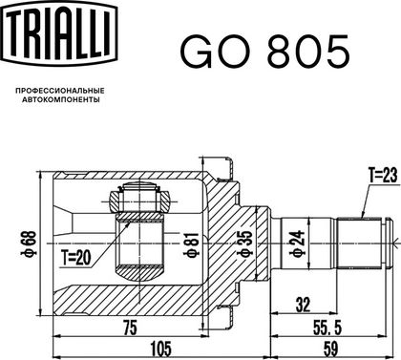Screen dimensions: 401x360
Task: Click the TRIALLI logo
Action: click(59, 33)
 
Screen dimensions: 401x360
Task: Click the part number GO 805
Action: click(265, 51)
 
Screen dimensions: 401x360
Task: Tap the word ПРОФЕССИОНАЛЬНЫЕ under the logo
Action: click(60, 91)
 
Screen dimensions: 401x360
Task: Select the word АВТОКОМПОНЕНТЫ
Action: click(60, 99)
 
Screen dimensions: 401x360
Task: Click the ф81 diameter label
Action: click(193, 245)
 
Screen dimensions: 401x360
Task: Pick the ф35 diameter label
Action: click(246, 244)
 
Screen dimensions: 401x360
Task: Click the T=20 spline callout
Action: click(76, 257)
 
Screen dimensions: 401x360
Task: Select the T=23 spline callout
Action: click(383, 176)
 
